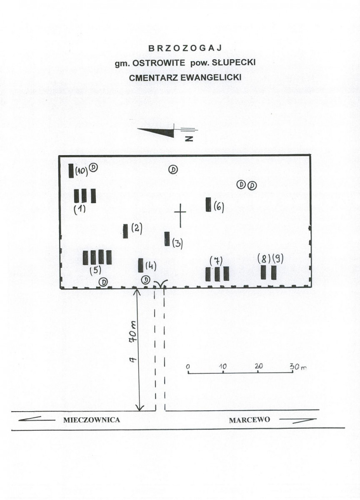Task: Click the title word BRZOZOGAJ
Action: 185,48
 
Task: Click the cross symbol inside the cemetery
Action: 180,215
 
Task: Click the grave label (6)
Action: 219,207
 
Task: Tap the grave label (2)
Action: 137,229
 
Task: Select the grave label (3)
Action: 177,244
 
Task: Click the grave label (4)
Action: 151,265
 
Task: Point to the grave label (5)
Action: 95,270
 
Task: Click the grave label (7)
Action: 216,261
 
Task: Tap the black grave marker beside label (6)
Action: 208,204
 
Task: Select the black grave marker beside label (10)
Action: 71,171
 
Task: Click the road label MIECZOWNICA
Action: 92,420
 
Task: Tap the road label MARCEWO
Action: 250,420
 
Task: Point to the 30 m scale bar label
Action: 298,367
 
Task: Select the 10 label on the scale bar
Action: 222,367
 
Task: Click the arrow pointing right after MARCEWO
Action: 298,421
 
